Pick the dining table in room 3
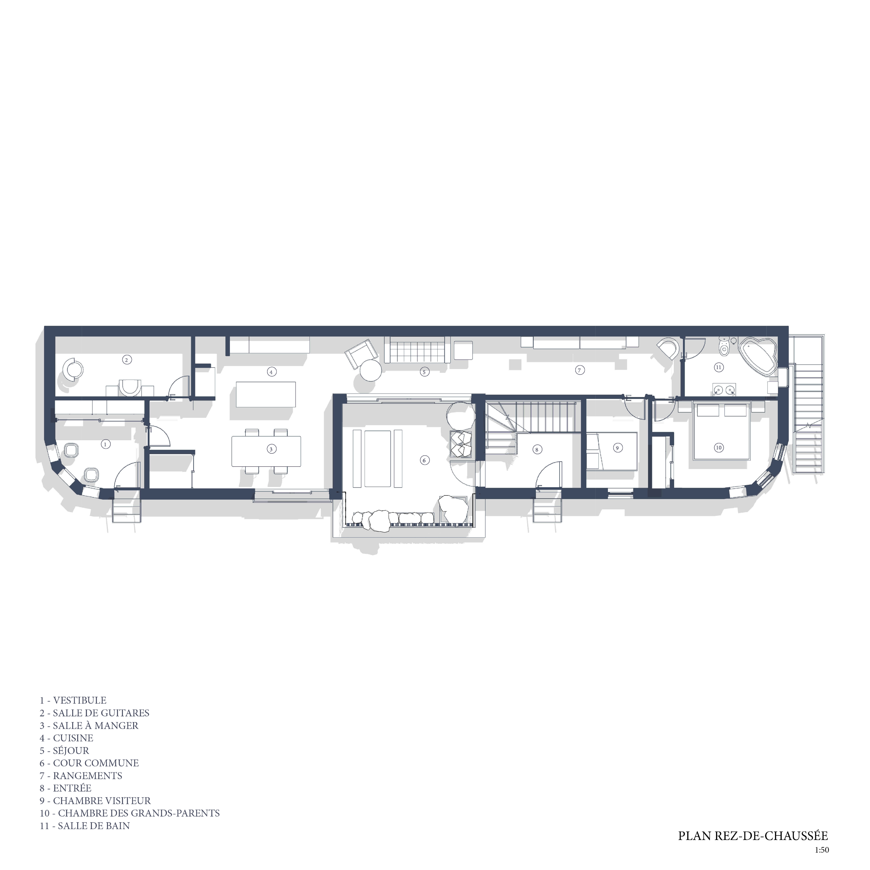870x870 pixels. coord(266,451)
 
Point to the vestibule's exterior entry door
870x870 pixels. coord(128,475)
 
